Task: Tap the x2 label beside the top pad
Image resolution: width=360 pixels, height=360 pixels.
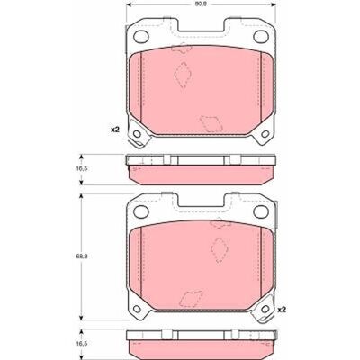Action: click(x=115, y=130)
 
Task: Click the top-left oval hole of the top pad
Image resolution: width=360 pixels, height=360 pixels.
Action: click(x=141, y=37)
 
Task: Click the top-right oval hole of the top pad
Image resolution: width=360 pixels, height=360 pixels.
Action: click(x=261, y=37)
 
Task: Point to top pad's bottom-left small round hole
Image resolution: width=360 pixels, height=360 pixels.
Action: click(x=137, y=134)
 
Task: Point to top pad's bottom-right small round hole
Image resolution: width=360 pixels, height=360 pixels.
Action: click(x=265, y=134)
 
